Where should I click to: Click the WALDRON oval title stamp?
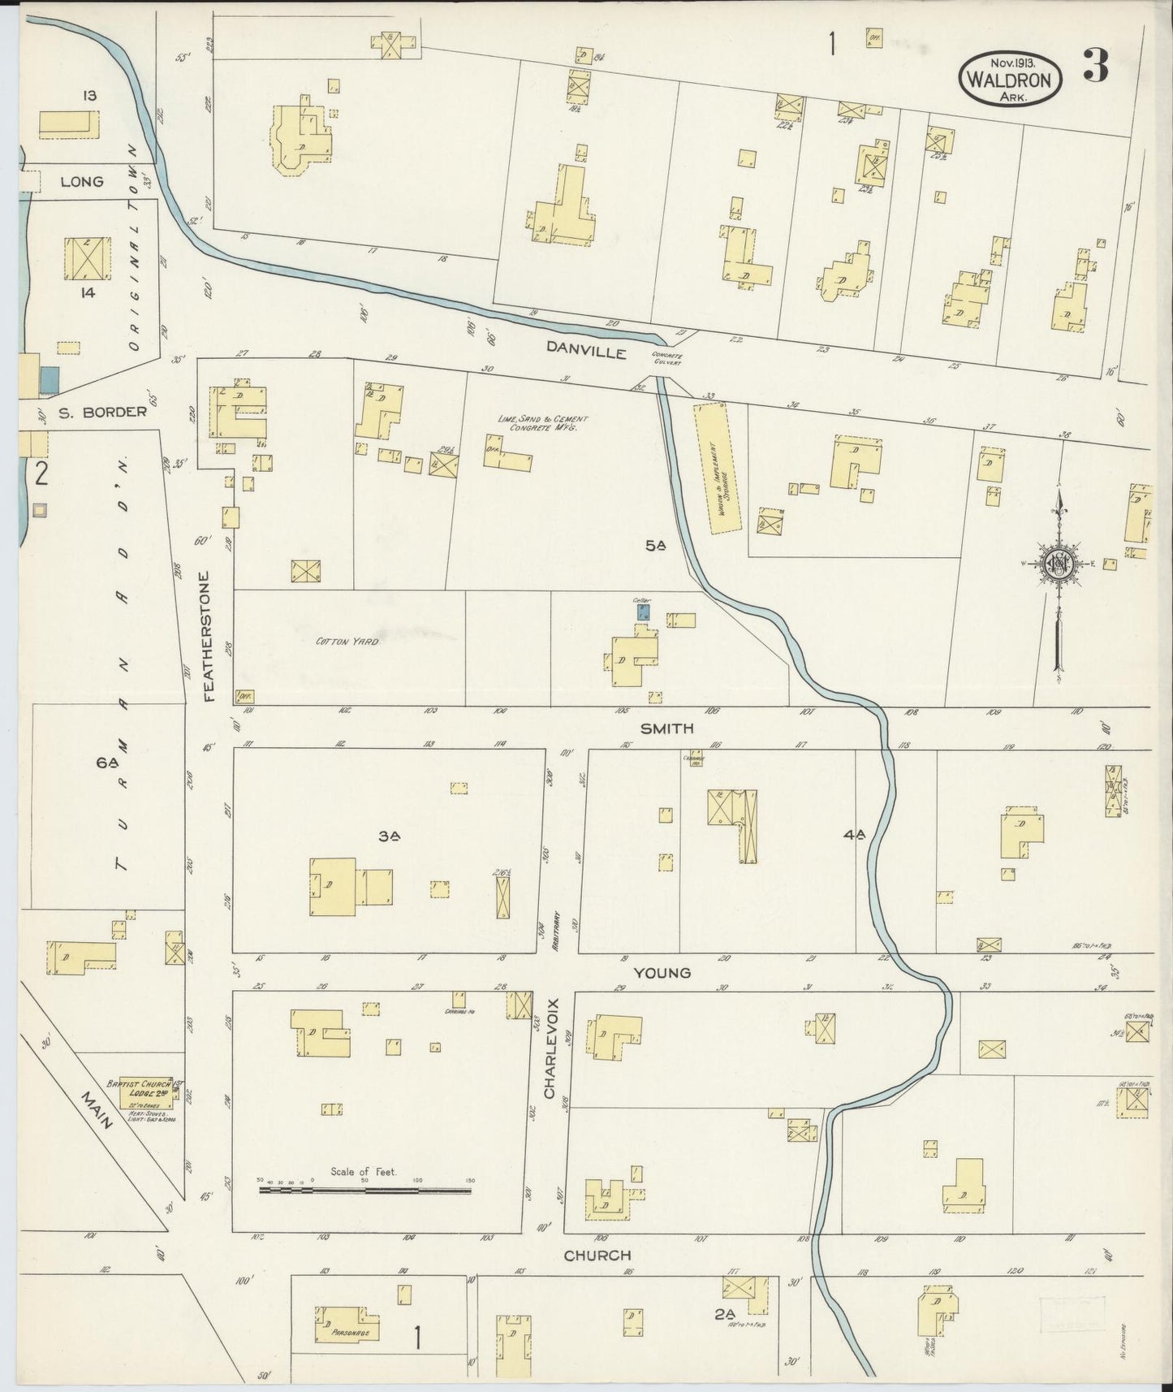coord(1010,80)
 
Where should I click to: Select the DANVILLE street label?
coord(585,352)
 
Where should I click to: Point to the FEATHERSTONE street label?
coord(208,637)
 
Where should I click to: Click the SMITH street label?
coord(666,728)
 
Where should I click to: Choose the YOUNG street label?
coord(662,972)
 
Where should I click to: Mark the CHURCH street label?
coord(598,1255)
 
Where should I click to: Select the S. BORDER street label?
coord(102,411)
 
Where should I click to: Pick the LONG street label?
coord(82,181)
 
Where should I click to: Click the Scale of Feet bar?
coord(364,1191)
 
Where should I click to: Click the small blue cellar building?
coord(642,611)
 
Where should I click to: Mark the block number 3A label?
coord(386,835)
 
